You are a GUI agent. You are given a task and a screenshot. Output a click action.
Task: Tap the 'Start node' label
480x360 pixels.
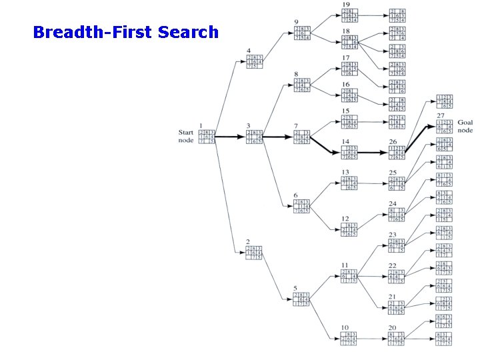click(x=185, y=137)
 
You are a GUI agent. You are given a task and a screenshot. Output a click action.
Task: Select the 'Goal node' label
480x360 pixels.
click(x=465, y=127)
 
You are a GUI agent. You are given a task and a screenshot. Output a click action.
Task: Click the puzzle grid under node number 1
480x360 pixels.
click(x=207, y=137)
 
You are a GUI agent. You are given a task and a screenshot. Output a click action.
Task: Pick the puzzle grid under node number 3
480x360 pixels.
click(x=253, y=137)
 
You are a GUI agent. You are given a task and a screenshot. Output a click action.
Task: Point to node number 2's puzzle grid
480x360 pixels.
click(x=253, y=253)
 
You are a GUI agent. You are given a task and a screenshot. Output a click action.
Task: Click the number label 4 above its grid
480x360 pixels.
click(x=248, y=51)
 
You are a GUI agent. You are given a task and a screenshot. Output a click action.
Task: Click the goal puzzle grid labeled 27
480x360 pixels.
click(x=445, y=127)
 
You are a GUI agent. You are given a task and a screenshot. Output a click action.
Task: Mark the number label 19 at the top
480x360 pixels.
click(x=346, y=5)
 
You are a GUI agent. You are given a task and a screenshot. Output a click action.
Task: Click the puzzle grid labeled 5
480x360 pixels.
click(x=301, y=299)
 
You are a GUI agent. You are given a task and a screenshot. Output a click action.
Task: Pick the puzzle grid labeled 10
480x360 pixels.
click(x=349, y=339)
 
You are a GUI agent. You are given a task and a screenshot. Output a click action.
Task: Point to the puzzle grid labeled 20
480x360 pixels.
click(x=397, y=339)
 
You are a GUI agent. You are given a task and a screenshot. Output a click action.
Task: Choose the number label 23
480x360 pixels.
click(x=393, y=234)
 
